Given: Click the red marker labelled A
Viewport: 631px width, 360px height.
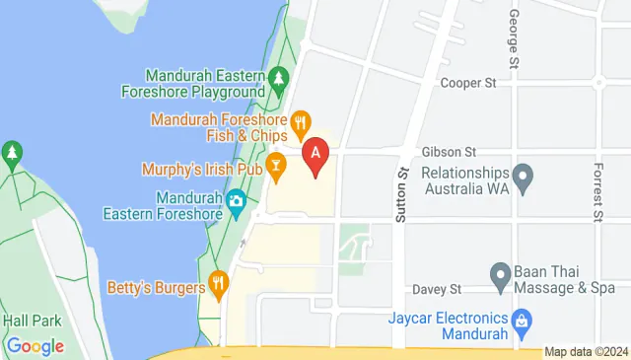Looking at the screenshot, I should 315,155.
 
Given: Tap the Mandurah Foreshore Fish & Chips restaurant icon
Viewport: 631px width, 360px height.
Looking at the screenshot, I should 301,124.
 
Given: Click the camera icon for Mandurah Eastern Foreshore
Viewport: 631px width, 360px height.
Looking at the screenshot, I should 236,203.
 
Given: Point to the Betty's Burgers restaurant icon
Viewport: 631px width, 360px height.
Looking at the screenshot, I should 219,286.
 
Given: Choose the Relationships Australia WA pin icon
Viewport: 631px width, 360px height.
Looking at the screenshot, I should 525,179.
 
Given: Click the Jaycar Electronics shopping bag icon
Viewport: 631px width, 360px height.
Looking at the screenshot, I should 520,320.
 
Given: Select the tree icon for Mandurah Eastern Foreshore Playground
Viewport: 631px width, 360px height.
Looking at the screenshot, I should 279,77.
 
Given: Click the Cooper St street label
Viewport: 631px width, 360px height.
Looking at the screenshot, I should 467,84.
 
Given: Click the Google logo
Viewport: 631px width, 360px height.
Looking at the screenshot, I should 35,346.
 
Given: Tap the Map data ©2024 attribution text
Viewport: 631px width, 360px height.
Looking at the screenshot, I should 586,352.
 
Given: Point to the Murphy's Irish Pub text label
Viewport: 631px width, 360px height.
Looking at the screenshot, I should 201,170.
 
